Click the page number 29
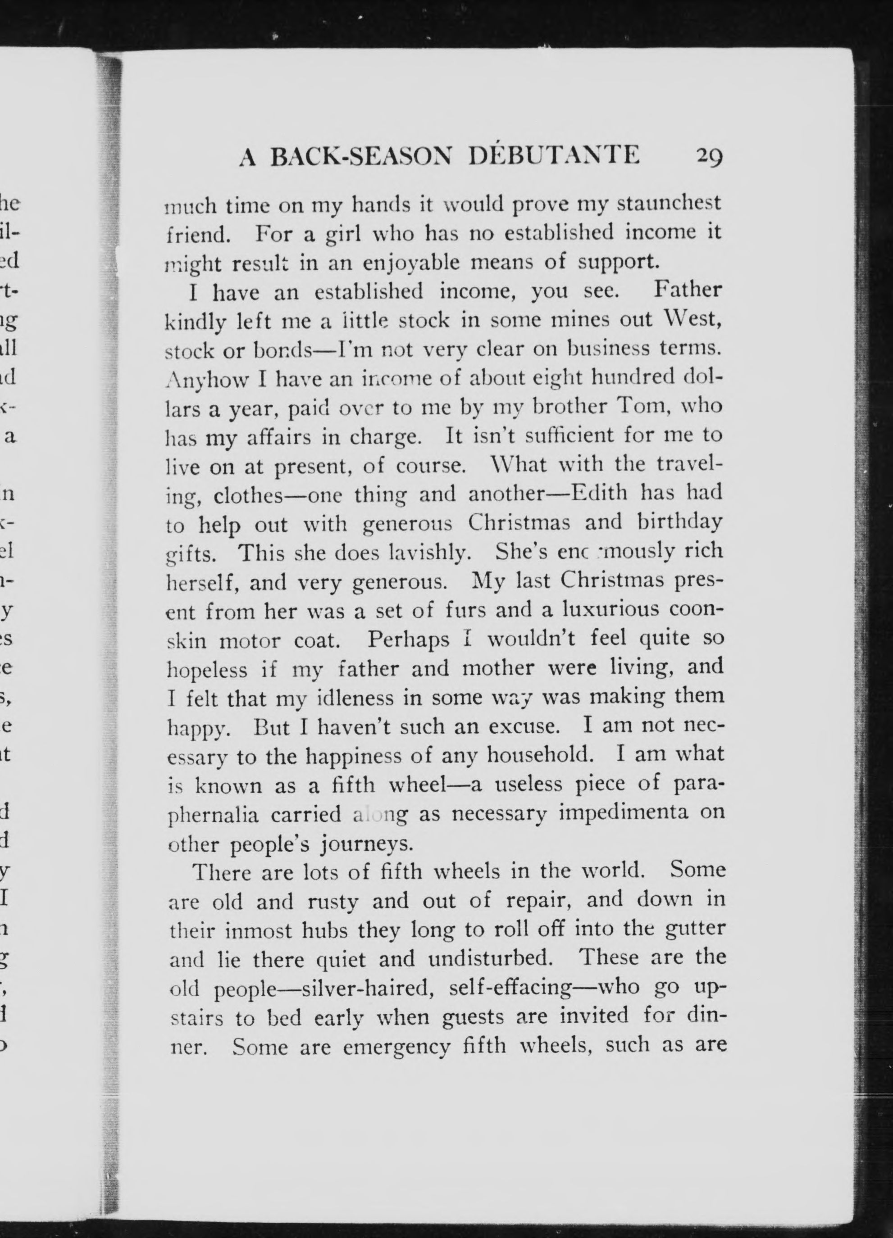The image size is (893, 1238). click(709, 157)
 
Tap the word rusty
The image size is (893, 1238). click(333, 901)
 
